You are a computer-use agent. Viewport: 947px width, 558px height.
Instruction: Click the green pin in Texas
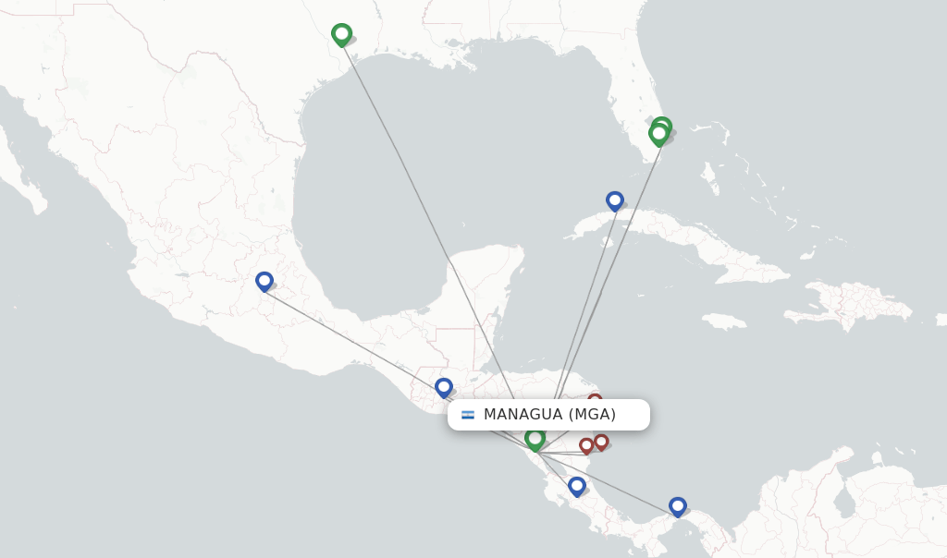click(x=341, y=35)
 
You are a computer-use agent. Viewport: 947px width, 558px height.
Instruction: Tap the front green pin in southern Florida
click(x=658, y=135)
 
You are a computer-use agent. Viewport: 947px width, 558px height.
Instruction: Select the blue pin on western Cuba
click(x=615, y=200)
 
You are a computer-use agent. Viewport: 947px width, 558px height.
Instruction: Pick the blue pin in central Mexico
click(x=264, y=281)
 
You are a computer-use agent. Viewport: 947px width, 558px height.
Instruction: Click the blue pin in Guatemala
click(x=444, y=387)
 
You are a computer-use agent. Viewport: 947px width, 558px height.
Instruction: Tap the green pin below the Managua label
click(x=535, y=439)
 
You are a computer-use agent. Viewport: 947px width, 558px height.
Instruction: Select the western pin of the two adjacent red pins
click(x=586, y=445)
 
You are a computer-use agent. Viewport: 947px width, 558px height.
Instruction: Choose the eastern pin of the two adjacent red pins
click(x=601, y=442)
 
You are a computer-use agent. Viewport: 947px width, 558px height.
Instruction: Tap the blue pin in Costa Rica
click(x=577, y=485)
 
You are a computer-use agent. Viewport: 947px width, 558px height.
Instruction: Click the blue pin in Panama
click(x=678, y=506)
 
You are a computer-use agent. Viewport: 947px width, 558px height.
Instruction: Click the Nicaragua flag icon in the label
click(x=468, y=415)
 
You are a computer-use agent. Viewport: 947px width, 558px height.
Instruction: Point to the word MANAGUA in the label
click(x=523, y=415)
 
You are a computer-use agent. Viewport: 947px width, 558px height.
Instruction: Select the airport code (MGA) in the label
click(x=592, y=415)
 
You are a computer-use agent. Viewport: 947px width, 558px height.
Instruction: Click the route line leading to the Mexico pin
click(x=351, y=334)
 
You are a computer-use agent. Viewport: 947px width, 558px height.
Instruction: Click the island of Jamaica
click(x=723, y=321)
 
